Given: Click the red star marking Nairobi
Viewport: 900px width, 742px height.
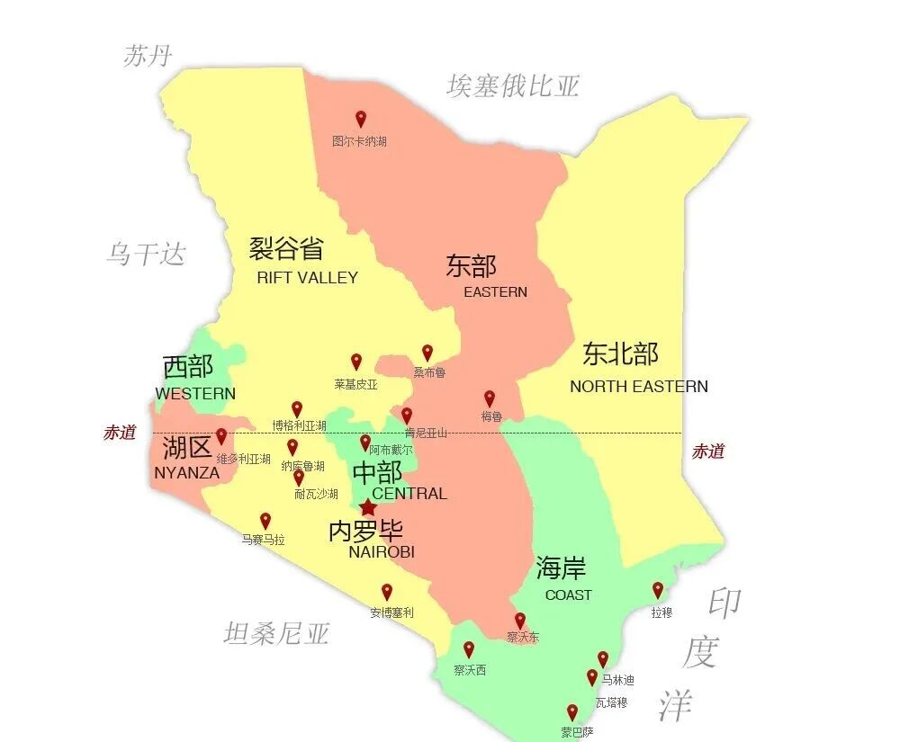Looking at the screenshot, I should pos(368,507).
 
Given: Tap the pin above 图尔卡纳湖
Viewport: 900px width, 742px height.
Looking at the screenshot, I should pos(361,119).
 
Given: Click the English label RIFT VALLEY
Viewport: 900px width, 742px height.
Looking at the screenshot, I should pos(307,278).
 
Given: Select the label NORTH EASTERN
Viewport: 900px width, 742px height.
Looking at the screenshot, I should pos(639,387).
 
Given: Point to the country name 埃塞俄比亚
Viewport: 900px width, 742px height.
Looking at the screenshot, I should pos(513,86).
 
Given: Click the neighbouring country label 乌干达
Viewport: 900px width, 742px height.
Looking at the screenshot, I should pos(146,254).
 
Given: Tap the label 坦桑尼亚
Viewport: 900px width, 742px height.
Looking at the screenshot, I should pos(276,634).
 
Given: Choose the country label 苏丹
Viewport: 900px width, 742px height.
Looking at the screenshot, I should pos(148,56).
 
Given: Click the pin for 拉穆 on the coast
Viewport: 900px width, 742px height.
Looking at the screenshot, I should pos(658,590).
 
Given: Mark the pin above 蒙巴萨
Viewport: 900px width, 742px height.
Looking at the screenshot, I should pos(571,712).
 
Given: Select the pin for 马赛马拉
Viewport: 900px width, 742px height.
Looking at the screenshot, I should pos(265,521).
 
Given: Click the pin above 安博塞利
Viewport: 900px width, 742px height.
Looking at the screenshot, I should pos(387,592).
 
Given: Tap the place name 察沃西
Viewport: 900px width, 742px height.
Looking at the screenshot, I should pos(469,670).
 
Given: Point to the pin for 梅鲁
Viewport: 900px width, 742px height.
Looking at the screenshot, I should pos(490,398).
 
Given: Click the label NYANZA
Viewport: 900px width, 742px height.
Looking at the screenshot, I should pos(187,472).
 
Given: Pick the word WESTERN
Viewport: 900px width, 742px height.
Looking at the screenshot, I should pos(195,393).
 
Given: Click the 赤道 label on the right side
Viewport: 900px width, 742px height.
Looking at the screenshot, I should pos(708,451).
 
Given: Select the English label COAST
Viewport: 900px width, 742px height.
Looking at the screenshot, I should pos(568,594).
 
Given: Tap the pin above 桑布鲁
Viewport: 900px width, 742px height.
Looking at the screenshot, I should pos(427,353).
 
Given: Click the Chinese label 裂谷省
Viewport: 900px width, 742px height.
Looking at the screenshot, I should pos(286,248).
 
